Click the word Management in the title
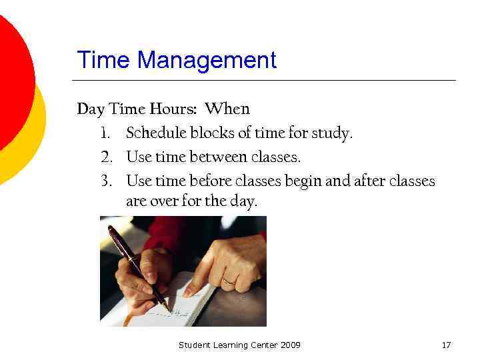click(x=207, y=61)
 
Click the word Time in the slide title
click(x=105, y=61)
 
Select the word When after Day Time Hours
click(x=227, y=109)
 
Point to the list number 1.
click(x=105, y=133)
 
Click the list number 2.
click(x=105, y=158)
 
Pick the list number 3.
click(x=105, y=181)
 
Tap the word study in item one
click(x=333, y=134)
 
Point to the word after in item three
click(x=365, y=181)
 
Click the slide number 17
click(x=447, y=345)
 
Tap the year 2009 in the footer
click(x=290, y=345)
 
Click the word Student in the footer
click(x=195, y=345)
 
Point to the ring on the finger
click(x=229, y=280)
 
